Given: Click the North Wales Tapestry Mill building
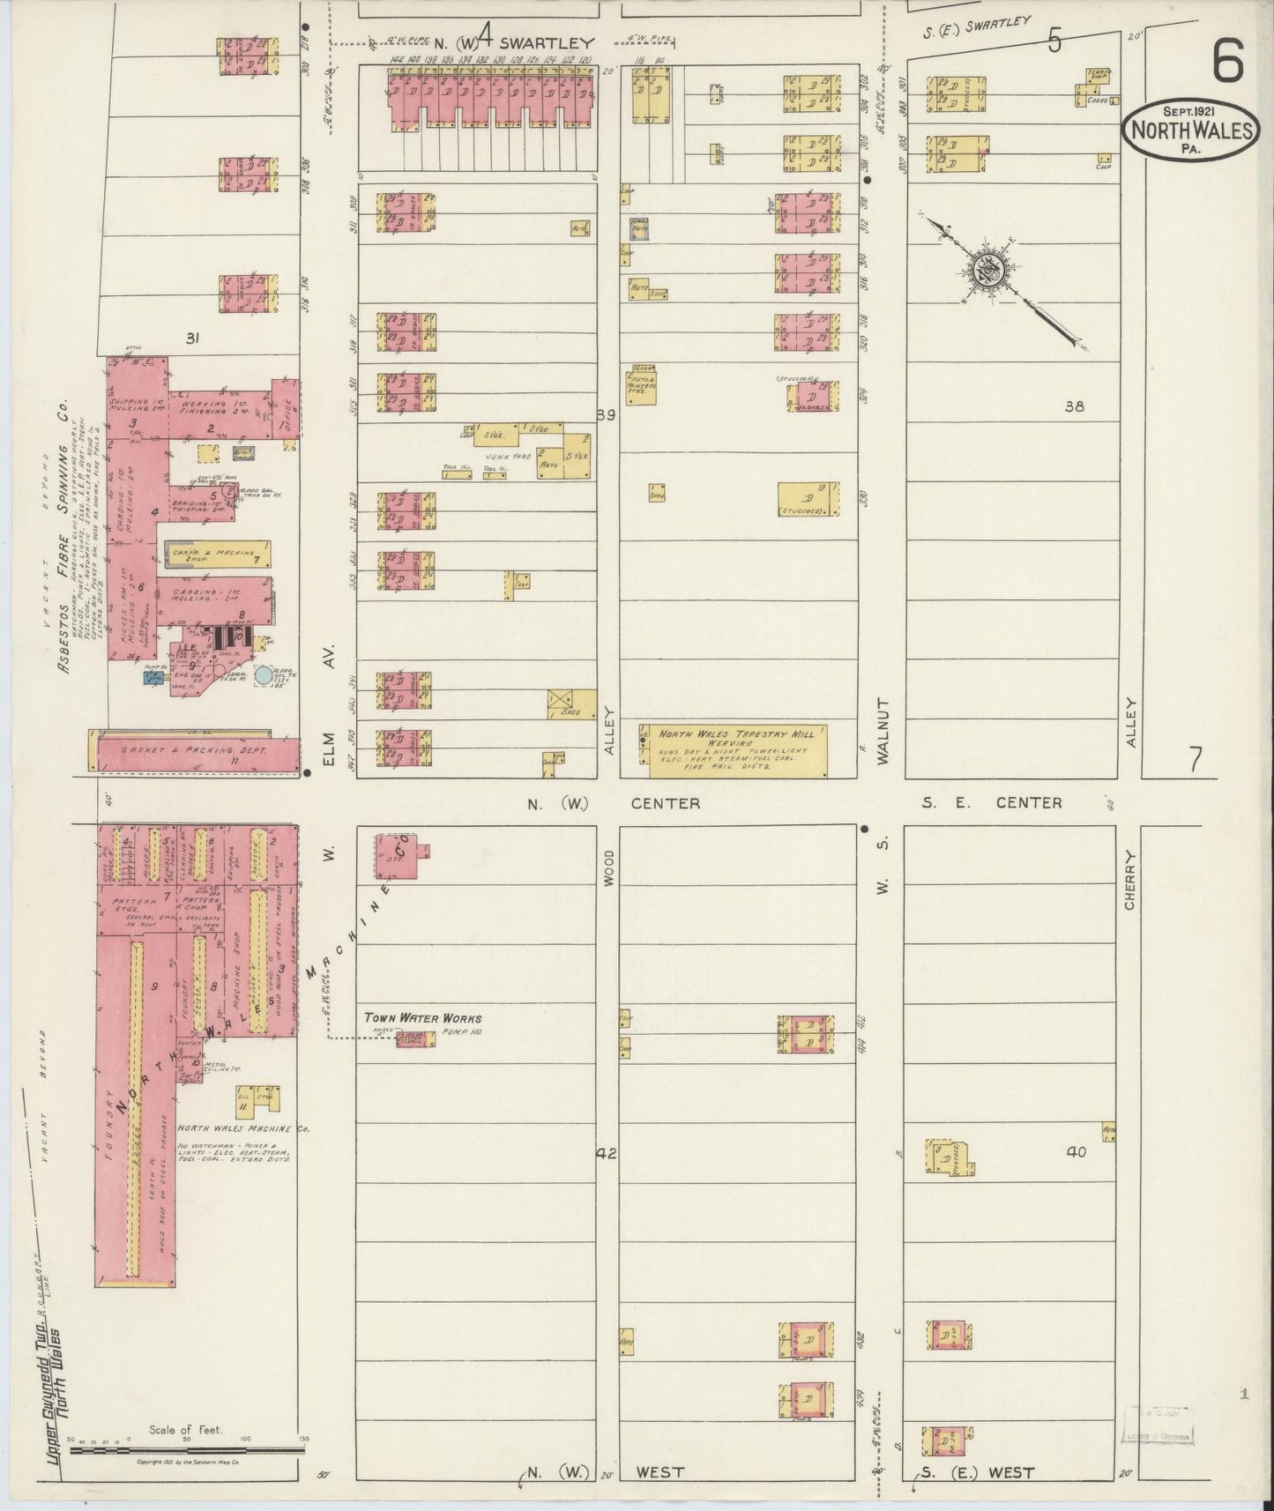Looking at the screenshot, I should tap(739, 751).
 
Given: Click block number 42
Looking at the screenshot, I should tap(607, 1153).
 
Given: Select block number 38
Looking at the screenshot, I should tap(1074, 406).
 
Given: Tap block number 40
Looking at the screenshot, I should tap(1076, 1151).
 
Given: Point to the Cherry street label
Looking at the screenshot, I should tap(1132, 880).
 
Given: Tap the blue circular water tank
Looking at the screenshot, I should tap(264, 676).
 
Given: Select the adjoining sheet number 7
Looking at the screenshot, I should tap(1195, 758).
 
